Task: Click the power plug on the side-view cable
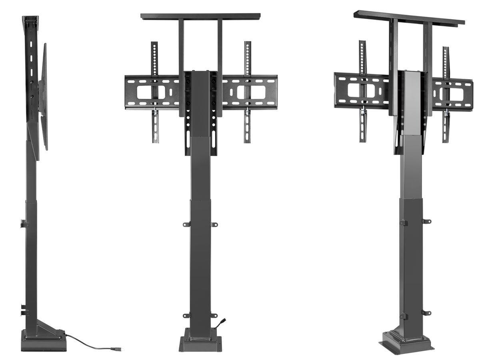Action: tap(116, 349)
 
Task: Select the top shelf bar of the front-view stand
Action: tap(200, 16)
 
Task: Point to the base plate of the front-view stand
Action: tap(200, 343)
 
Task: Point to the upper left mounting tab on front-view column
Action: tap(186, 224)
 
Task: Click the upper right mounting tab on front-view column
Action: tap(214, 224)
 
